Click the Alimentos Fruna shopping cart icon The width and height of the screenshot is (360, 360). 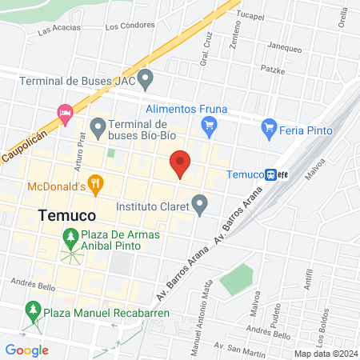click(210, 125)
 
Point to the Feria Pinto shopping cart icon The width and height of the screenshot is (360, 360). click(270, 126)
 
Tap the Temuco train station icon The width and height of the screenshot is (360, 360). click(272, 174)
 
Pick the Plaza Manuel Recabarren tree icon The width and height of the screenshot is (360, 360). click(33, 310)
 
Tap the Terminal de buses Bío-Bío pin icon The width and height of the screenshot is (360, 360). click(98, 126)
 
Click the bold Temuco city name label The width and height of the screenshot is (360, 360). click(67, 215)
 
